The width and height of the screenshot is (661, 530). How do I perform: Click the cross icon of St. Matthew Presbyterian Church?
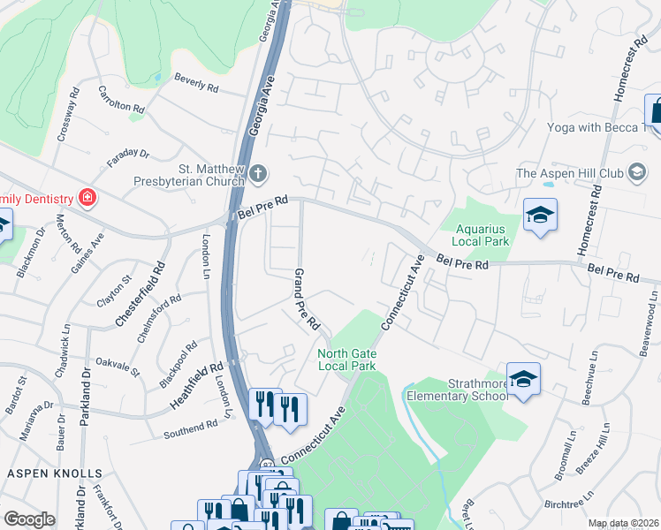pyautogui.click(x=257, y=172)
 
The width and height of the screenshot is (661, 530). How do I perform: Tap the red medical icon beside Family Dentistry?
pyautogui.click(x=87, y=196)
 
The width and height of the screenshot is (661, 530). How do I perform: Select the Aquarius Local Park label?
pyautogui.click(x=481, y=234)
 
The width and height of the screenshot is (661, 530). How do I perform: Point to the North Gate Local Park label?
pyautogui.click(x=346, y=360)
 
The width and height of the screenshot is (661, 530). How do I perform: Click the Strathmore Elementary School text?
pyautogui.click(x=457, y=390)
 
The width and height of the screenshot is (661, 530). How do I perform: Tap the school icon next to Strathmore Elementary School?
pyautogui.click(x=523, y=379)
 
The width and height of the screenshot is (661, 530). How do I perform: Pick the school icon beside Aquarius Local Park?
pyautogui.click(x=540, y=216)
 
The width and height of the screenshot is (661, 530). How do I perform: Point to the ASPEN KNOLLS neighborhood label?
pyautogui.click(x=54, y=473)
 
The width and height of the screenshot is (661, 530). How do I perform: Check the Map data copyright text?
pyautogui.click(x=624, y=523)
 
